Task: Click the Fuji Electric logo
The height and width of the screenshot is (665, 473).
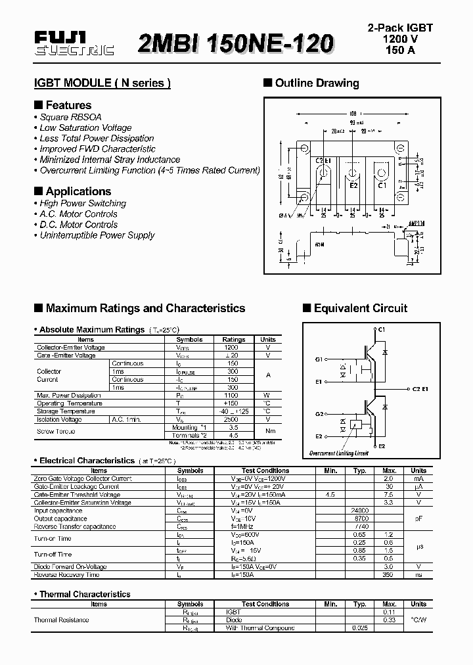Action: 74,45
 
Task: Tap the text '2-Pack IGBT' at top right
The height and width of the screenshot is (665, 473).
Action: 399,28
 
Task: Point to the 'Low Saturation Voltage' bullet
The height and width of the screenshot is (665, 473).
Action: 85,127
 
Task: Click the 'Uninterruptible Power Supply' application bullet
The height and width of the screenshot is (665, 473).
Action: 97,235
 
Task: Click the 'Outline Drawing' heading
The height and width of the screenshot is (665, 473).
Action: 317,83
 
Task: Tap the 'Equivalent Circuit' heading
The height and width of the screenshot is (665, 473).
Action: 360,308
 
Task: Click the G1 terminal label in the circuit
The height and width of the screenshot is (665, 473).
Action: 319,359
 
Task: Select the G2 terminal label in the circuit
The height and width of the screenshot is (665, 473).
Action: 319,414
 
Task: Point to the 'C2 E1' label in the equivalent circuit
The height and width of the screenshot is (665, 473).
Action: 420,389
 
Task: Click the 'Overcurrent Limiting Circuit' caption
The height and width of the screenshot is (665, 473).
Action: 339,453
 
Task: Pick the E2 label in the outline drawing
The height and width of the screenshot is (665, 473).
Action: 353,185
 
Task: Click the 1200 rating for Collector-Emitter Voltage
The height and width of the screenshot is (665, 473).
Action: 231,348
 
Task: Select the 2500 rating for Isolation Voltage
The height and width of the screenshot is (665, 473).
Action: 231,419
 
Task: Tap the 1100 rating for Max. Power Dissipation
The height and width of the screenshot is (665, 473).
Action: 231,396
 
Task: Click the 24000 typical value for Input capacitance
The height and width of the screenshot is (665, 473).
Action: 360,511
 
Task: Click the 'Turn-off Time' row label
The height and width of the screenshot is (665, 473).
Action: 53,555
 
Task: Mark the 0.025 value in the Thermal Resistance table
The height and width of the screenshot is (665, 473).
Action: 360,628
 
